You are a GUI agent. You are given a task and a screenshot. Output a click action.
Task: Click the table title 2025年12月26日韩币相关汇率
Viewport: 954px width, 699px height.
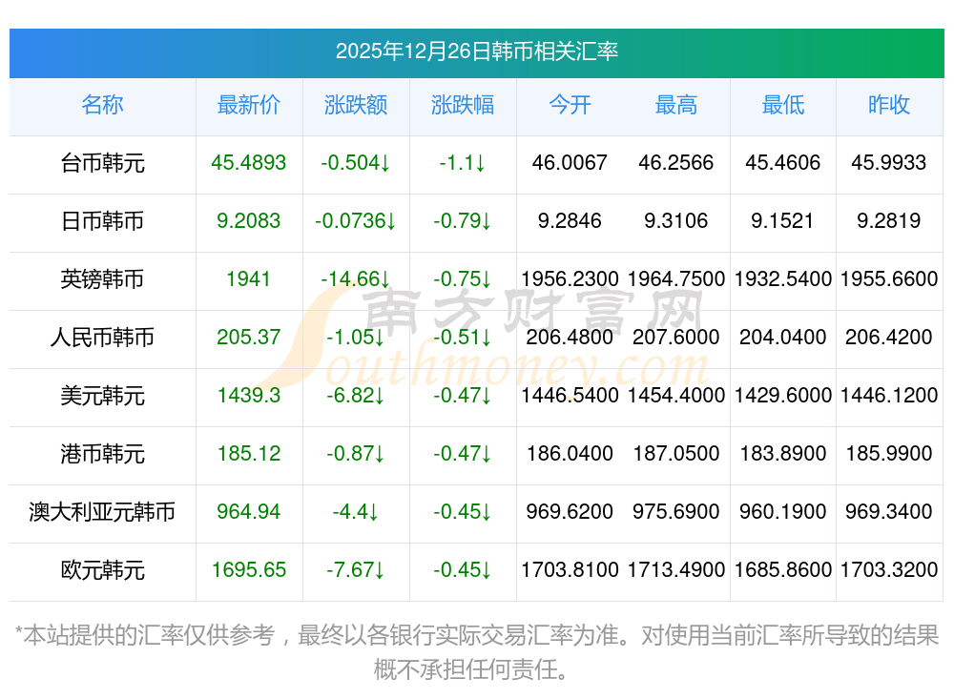coord(476,51)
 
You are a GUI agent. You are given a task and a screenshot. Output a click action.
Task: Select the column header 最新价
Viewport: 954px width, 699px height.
coord(249,105)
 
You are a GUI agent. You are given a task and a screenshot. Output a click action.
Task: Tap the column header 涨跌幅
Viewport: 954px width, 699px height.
coord(463,105)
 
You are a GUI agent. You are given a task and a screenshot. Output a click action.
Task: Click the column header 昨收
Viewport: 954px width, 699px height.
coord(889,105)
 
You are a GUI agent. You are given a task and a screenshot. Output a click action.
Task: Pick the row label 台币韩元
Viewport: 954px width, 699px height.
coord(102,163)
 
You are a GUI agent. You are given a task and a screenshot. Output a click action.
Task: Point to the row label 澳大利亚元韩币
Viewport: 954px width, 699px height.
coord(102,512)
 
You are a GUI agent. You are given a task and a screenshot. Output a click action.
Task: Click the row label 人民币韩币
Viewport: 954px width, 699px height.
coord(102,338)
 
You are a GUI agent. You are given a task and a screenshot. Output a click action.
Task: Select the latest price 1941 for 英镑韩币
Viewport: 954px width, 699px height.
coord(249,279)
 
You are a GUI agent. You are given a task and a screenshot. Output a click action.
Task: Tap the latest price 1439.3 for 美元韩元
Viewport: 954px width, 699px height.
coord(249,396)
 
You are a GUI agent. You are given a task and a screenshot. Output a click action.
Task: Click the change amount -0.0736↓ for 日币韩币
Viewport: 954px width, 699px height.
coord(356,221)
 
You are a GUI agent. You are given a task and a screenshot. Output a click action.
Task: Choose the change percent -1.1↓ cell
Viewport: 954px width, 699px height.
coord(463,163)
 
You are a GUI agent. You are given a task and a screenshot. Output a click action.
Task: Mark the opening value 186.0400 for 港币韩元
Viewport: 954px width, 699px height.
coord(570,454)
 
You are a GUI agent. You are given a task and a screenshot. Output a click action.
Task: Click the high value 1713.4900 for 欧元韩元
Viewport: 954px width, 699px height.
coord(676,570)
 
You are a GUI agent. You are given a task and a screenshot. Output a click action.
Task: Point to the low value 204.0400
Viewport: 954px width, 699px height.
coord(783,338)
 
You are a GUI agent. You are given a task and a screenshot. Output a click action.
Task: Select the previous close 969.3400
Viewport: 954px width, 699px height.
coord(889,512)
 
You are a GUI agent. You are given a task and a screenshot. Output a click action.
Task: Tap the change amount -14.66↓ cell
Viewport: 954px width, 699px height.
coord(356,279)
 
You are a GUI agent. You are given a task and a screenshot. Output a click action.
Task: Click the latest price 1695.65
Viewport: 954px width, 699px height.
coord(249,570)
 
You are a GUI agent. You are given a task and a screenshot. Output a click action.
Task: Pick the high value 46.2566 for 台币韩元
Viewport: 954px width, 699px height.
coord(676,163)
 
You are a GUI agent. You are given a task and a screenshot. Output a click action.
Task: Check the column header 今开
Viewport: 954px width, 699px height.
coord(570,105)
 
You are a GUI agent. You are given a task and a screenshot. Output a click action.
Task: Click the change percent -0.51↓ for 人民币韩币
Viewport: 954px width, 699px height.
coord(463,338)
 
